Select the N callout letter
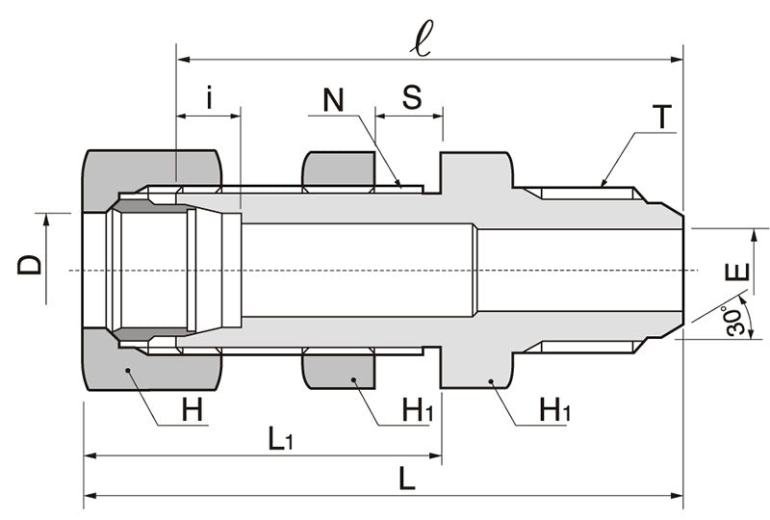click(x=333, y=100)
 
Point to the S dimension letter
click(x=411, y=97)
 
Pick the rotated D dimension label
click(x=31, y=259)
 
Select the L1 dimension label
click(x=279, y=440)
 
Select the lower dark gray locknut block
click(x=339, y=371)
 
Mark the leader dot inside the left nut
click(x=127, y=369)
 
